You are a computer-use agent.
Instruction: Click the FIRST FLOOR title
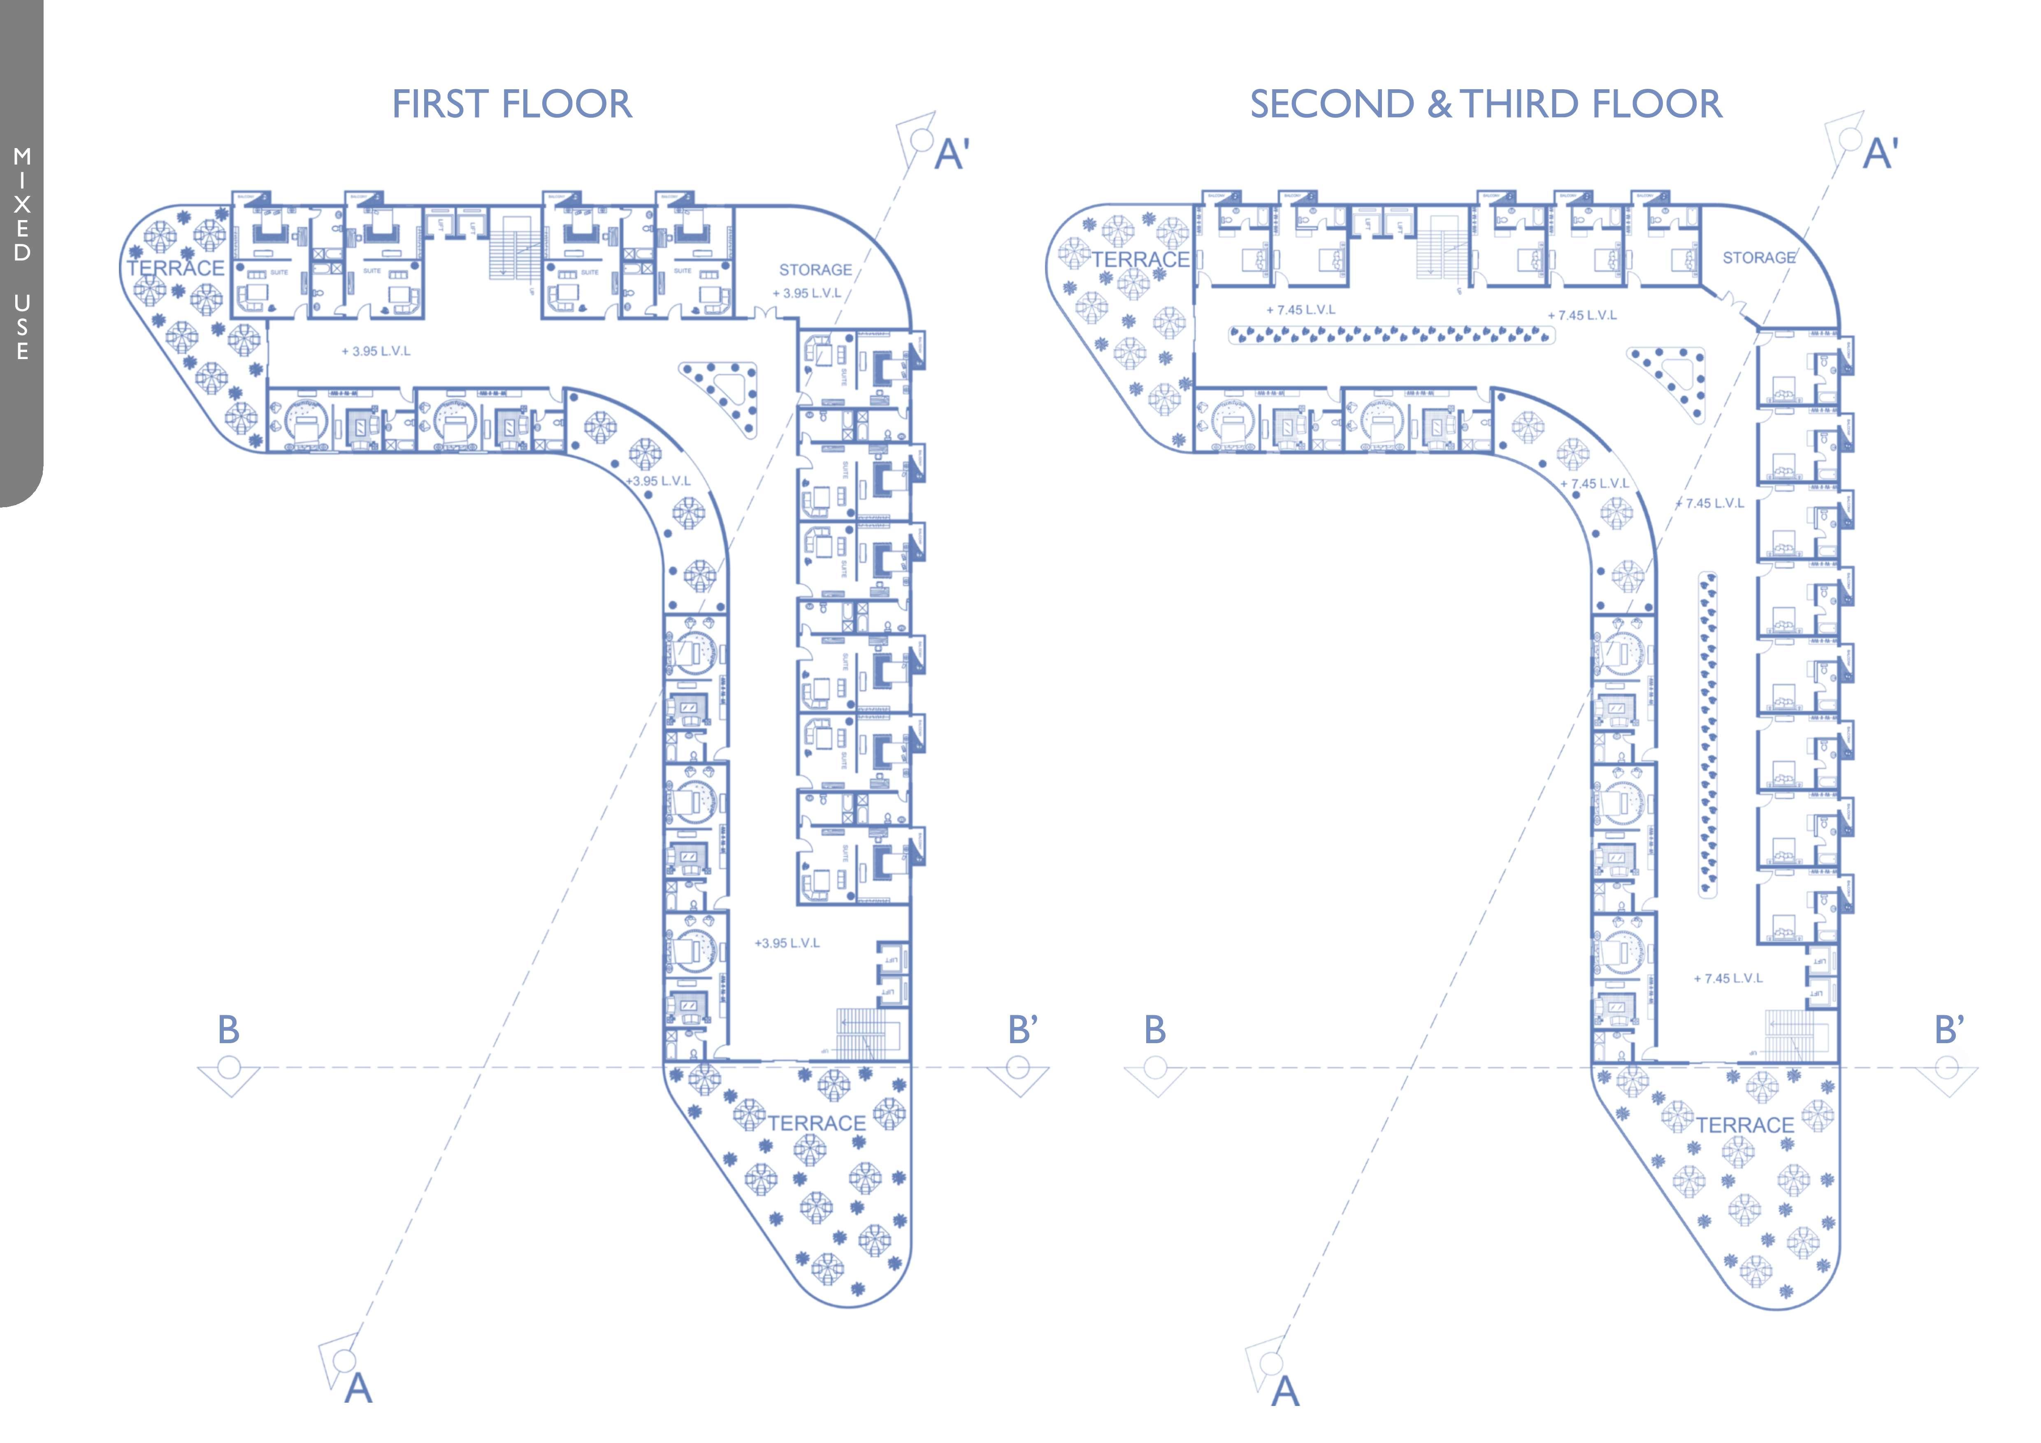click(x=512, y=104)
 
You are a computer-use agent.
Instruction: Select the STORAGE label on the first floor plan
click(x=815, y=269)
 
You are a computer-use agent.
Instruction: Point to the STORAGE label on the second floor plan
click(x=1758, y=258)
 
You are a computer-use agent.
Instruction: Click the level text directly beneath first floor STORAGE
click(x=806, y=293)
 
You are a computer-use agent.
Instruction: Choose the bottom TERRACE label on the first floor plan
click(x=816, y=1123)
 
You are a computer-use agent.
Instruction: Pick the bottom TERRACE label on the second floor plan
click(x=1744, y=1125)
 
